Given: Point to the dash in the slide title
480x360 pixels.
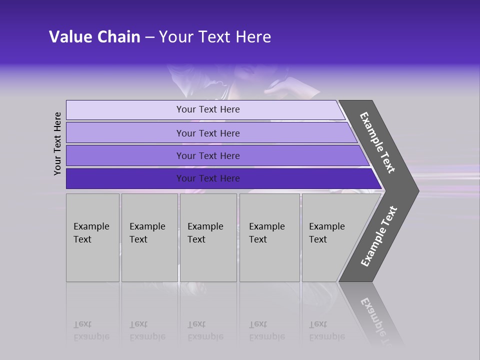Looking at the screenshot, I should [149, 37].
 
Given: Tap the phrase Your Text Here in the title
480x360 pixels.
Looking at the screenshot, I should [215, 37].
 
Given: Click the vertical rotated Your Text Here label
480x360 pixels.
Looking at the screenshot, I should [57, 144].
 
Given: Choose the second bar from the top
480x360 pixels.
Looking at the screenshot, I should [208, 133].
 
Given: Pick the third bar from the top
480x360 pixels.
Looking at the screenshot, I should [208, 155].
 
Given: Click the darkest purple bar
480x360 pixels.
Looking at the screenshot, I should [208, 178].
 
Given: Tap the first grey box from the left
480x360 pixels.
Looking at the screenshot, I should [92, 237].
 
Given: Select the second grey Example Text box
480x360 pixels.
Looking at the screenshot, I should [149, 237].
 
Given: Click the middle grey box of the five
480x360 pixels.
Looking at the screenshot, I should [208, 237].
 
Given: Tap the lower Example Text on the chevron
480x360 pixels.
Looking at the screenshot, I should [379, 236].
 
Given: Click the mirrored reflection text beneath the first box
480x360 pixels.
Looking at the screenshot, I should [91, 331].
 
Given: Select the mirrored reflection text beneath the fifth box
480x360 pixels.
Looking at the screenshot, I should [326, 331].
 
